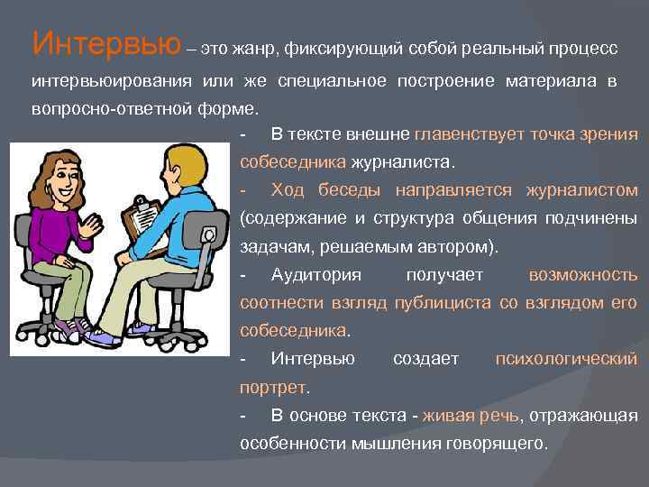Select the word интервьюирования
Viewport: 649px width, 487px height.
[122, 81]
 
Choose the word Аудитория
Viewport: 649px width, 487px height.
[315, 274]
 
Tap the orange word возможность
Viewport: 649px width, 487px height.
[583, 274]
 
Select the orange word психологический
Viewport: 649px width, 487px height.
[567, 359]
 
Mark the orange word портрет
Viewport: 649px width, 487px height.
[273, 387]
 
